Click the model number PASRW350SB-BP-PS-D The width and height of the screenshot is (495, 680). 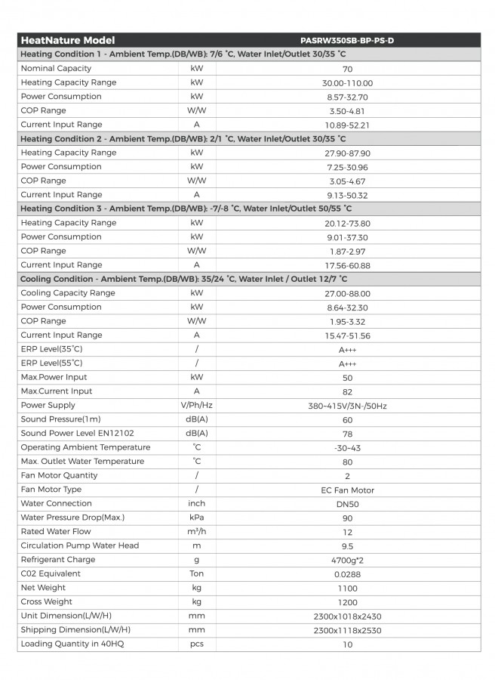pos(346,40)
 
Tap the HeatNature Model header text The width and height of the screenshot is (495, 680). pos(68,40)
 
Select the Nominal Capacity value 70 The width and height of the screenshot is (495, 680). pos(347,69)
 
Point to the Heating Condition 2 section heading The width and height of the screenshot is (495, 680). pos(183,138)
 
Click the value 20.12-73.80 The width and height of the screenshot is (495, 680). pos(347,224)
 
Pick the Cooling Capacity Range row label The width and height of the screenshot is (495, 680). pos(68,293)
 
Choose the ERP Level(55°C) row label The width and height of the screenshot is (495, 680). pos(52,363)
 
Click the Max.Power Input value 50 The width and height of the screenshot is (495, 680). pos(347,378)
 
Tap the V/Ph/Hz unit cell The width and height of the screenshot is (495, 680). pos(196,406)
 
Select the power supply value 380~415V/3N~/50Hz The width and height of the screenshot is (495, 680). pos(347,406)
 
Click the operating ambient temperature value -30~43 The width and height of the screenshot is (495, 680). pos(347,448)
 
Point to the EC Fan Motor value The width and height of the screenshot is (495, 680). pos(347,490)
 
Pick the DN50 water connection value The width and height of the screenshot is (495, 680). pos(347,504)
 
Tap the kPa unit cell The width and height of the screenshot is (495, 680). pos(196,518)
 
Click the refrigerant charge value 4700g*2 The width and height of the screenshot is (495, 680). pos(347,561)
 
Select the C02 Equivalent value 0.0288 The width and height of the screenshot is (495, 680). pos(347,574)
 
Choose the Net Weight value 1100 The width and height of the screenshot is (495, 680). pos(347,589)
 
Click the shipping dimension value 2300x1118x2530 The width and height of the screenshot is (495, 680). pos(347,630)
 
